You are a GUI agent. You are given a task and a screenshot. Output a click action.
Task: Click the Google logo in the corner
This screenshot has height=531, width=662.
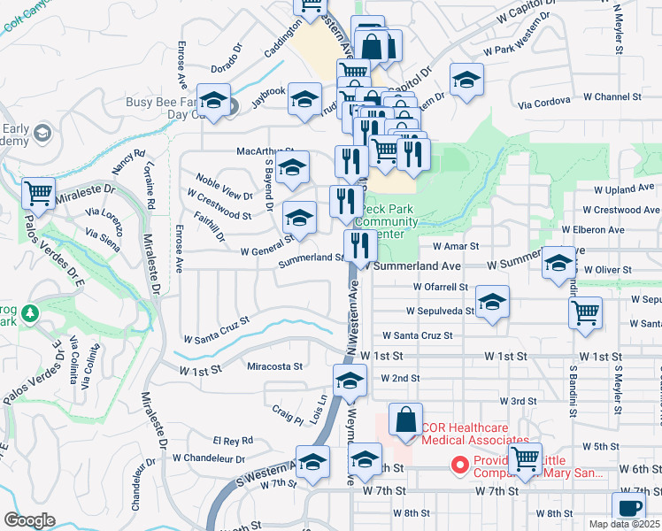click(30, 520)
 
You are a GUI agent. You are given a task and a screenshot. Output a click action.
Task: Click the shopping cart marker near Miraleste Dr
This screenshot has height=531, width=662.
click(38, 191)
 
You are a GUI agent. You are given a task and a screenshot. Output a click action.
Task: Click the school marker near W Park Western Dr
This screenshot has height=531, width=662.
click(466, 81)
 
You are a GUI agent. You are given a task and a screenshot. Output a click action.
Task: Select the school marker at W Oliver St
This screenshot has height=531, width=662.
click(558, 263)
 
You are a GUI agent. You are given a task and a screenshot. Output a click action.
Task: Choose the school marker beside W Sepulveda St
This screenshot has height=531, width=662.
click(492, 302)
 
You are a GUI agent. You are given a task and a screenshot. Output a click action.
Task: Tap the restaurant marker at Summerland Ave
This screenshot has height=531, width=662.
click(359, 244)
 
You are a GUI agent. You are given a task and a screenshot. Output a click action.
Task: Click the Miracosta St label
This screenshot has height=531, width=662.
click(275, 366)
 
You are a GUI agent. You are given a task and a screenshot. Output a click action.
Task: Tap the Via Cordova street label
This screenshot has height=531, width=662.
click(543, 104)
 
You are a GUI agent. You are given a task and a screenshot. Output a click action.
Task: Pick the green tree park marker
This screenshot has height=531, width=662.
click(29, 313)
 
